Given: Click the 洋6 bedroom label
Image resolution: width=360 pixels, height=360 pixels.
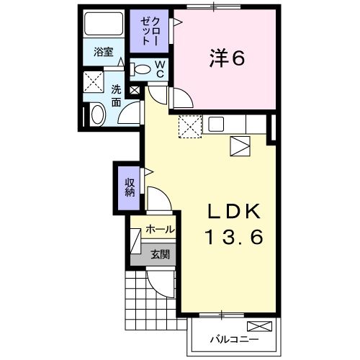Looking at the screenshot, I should click(228, 58).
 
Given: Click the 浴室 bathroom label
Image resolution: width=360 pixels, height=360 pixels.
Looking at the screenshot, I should click(103, 52).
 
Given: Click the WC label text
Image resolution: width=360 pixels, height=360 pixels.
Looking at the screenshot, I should click(160, 69).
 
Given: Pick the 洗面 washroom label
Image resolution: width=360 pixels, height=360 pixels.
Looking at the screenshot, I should click(116, 96).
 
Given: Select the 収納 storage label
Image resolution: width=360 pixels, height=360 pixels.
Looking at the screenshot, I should click(130, 186).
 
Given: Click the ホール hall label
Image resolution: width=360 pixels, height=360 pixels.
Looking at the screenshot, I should click(158, 229).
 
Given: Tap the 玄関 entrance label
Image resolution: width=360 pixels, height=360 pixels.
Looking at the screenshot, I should click(161, 254).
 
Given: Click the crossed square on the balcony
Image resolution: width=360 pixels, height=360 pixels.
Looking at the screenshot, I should click(265, 326).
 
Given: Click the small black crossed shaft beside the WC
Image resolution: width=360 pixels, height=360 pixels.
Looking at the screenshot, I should click(135, 90).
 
